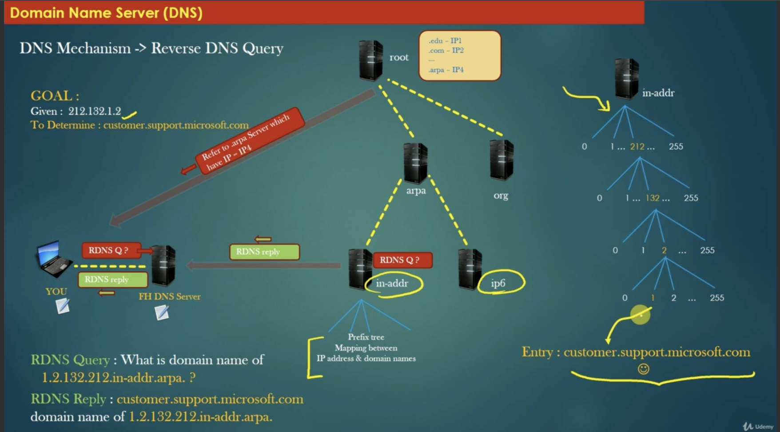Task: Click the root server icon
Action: pyautogui.click(x=371, y=60)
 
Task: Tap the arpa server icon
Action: pyautogui.click(x=415, y=163)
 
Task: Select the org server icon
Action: pyautogui.click(x=501, y=160)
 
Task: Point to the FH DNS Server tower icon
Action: pyautogui.click(x=163, y=265)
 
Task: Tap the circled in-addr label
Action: pyautogui.click(x=393, y=284)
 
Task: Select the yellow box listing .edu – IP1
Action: pyautogui.click(x=460, y=56)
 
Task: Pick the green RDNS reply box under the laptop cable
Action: pyautogui.click(x=113, y=280)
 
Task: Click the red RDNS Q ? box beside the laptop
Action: pyautogui.click(x=111, y=250)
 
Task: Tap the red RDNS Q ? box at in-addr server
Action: pyautogui.click(x=402, y=260)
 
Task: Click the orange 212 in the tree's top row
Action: pyautogui.click(x=637, y=147)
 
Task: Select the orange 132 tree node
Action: pyautogui.click(x=652, y=198)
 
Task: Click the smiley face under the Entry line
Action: pyautogui.click(x=643, y=369)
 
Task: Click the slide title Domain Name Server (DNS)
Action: pyautogui.click(x=106, y=12)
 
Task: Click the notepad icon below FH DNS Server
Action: pyautogui.click(x=162, y=313)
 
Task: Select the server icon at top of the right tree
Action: pyautogui.click(x=626, y=79)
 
